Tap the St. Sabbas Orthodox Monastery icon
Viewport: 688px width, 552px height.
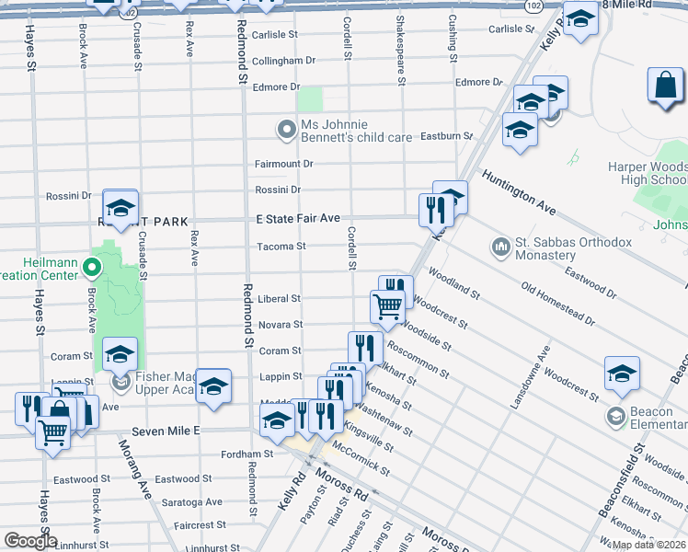pos(501,247)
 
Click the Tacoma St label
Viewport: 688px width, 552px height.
pos(281,246)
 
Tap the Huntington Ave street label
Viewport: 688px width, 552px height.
pos(519,192)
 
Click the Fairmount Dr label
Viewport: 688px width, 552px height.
pos(283,164)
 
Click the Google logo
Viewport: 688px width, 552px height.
pos(30,541)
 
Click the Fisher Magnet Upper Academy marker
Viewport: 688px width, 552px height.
pos(120,381)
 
